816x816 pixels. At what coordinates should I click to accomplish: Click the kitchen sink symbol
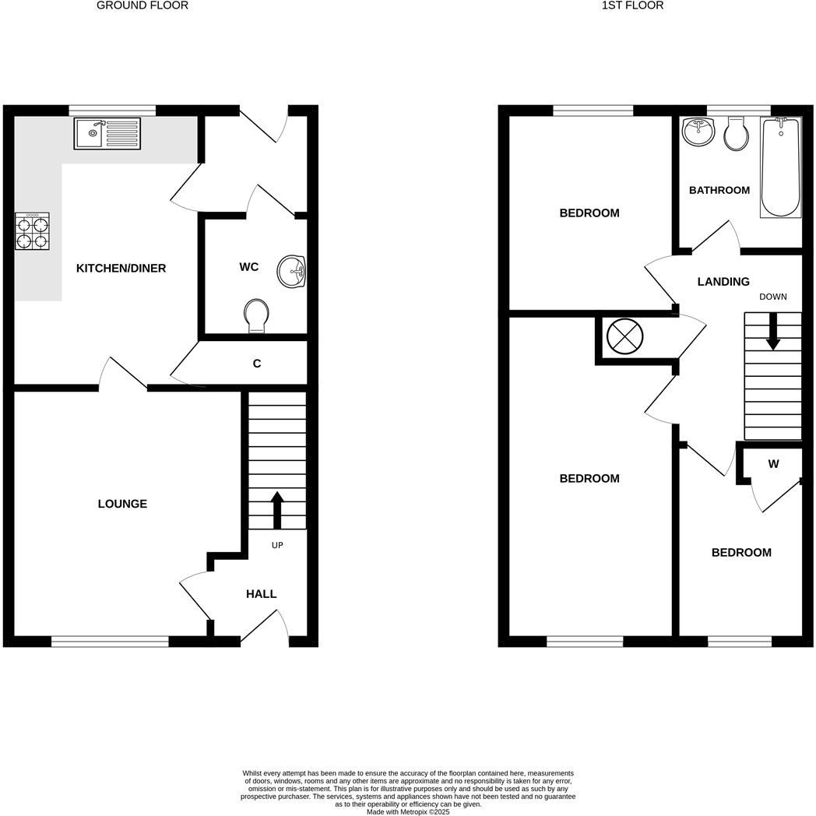coord(107,133)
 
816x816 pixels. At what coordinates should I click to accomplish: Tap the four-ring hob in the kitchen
coord(32,232)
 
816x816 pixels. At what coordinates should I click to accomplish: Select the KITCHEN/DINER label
coord(121,269)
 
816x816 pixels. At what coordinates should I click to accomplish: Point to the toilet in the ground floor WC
coord(255,315)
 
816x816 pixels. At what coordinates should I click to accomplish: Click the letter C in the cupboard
coord(257,364)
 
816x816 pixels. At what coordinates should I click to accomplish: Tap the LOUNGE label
coord(122,504)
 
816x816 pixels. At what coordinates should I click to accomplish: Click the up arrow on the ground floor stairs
coord(276,509)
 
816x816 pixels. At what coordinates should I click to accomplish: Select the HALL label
coord(261,594)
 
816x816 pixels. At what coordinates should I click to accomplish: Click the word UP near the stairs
coord(277,545)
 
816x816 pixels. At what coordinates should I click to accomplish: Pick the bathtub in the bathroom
coord(780,167)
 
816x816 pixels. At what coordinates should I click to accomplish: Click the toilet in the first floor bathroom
coord(735,134)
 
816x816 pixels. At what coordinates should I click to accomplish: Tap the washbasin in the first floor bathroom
coord(698,132)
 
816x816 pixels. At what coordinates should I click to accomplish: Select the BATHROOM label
coord(719,190)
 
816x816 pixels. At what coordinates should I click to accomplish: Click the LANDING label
coord(723,282)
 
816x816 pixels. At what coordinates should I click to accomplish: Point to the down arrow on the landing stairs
coord(772,332)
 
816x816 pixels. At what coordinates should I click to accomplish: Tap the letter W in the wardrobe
coord(773,464)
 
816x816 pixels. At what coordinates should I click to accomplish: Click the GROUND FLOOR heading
coord(142,5)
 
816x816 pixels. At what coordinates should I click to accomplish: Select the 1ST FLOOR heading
coord(632,5)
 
